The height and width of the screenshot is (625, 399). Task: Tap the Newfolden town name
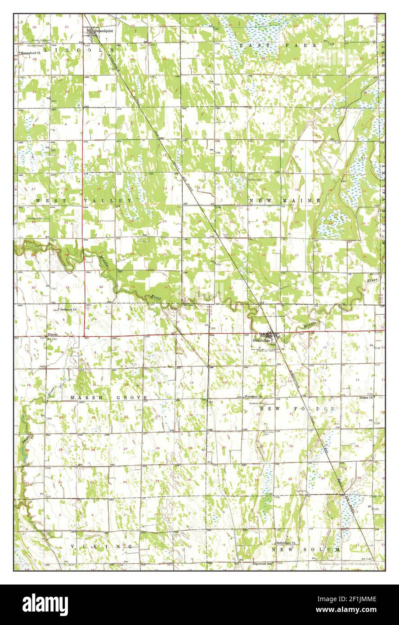[261, 341]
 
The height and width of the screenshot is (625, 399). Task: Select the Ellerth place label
[54, 335]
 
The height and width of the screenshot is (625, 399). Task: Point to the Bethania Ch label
[69, 310]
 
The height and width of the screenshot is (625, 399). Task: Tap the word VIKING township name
[101, 546]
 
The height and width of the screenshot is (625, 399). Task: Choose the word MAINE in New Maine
[306, 200]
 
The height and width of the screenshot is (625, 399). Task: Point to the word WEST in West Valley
[45, 200]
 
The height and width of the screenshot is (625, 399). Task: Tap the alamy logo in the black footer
[45, 604]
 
